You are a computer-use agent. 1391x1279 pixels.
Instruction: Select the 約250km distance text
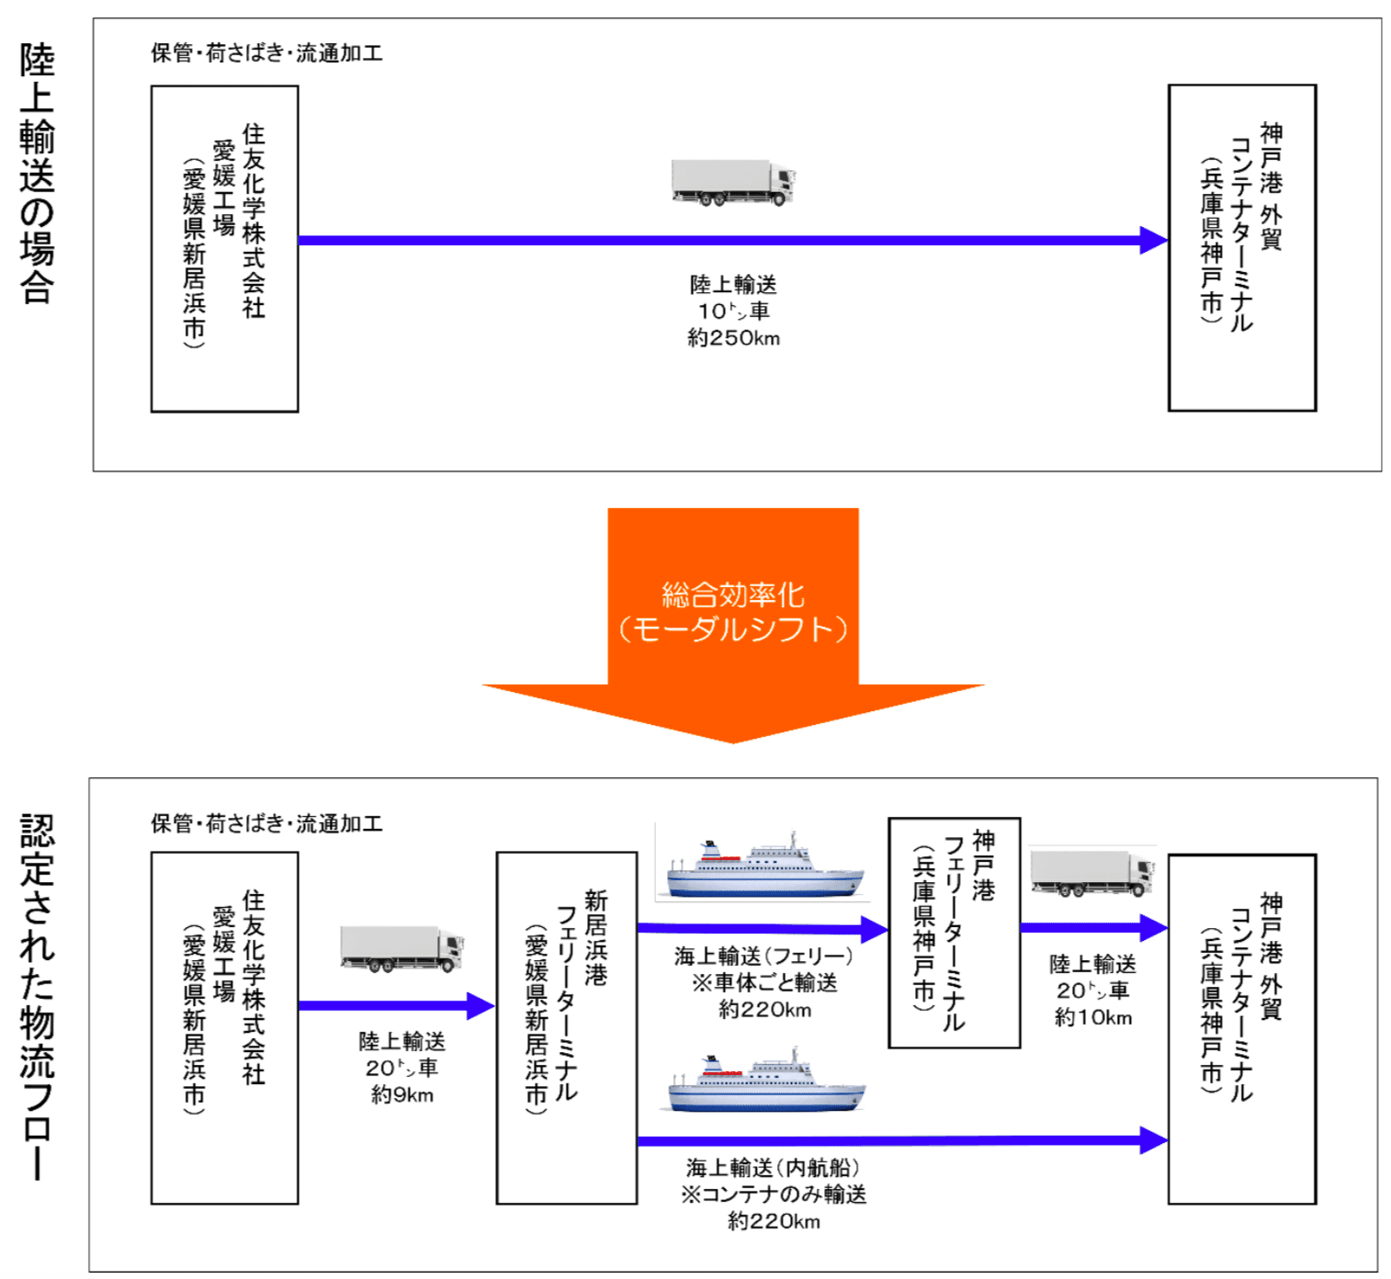(x=733, y=338)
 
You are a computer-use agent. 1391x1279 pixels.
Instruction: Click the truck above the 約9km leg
(x=401, y=948)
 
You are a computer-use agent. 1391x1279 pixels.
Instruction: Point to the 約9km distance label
(x=401, y=1094)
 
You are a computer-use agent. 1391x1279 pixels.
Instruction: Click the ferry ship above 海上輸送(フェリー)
(x=764, y=867)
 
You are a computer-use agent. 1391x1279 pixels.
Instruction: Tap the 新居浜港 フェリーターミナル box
(x=566, y=1027)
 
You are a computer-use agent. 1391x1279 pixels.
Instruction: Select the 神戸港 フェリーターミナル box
(x=954, y=932)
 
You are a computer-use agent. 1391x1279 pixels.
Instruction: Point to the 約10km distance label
(x=1092, y=1017)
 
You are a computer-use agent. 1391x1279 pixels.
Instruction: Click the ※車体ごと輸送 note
(x=764, y=983)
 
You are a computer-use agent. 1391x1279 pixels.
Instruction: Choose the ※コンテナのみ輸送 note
(x=773, y=1194)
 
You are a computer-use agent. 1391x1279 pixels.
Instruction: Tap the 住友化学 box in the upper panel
(x=224, y=248)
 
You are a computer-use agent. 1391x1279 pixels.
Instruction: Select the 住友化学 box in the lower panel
(x=224, y=1027)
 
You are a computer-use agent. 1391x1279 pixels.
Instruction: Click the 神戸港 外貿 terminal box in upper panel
(x=1241, y=248)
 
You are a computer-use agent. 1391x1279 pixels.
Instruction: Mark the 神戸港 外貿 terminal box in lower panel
(x=1241, y=1029)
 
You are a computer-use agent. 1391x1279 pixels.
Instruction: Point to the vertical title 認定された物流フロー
(x=38, y=996)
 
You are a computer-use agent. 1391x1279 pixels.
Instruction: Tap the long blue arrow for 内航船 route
(x=900, y=1140)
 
